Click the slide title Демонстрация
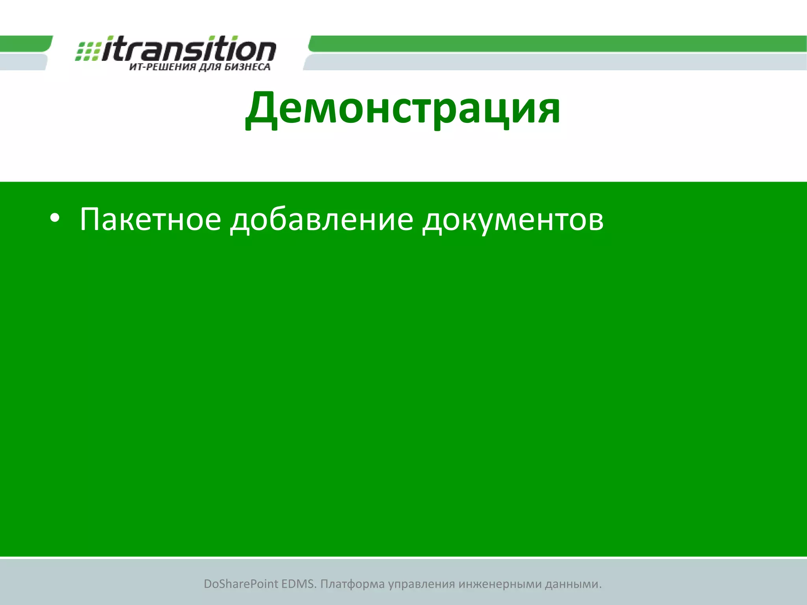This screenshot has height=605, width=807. coord(403,108)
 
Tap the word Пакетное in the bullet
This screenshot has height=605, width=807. coord(150,219)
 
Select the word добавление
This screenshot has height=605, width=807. coord(322,219)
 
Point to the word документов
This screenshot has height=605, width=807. coord(513,219)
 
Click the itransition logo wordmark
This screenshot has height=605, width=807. coord(189,49)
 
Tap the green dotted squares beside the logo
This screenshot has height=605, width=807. coord(87,51)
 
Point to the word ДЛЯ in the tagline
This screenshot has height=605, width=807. coord(210,67)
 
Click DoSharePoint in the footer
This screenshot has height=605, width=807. coord(240,584)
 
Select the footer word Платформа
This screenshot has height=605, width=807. coord(352,584)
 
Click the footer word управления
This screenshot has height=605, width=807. coord(421,584)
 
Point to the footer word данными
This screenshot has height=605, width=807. coord(573,584)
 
